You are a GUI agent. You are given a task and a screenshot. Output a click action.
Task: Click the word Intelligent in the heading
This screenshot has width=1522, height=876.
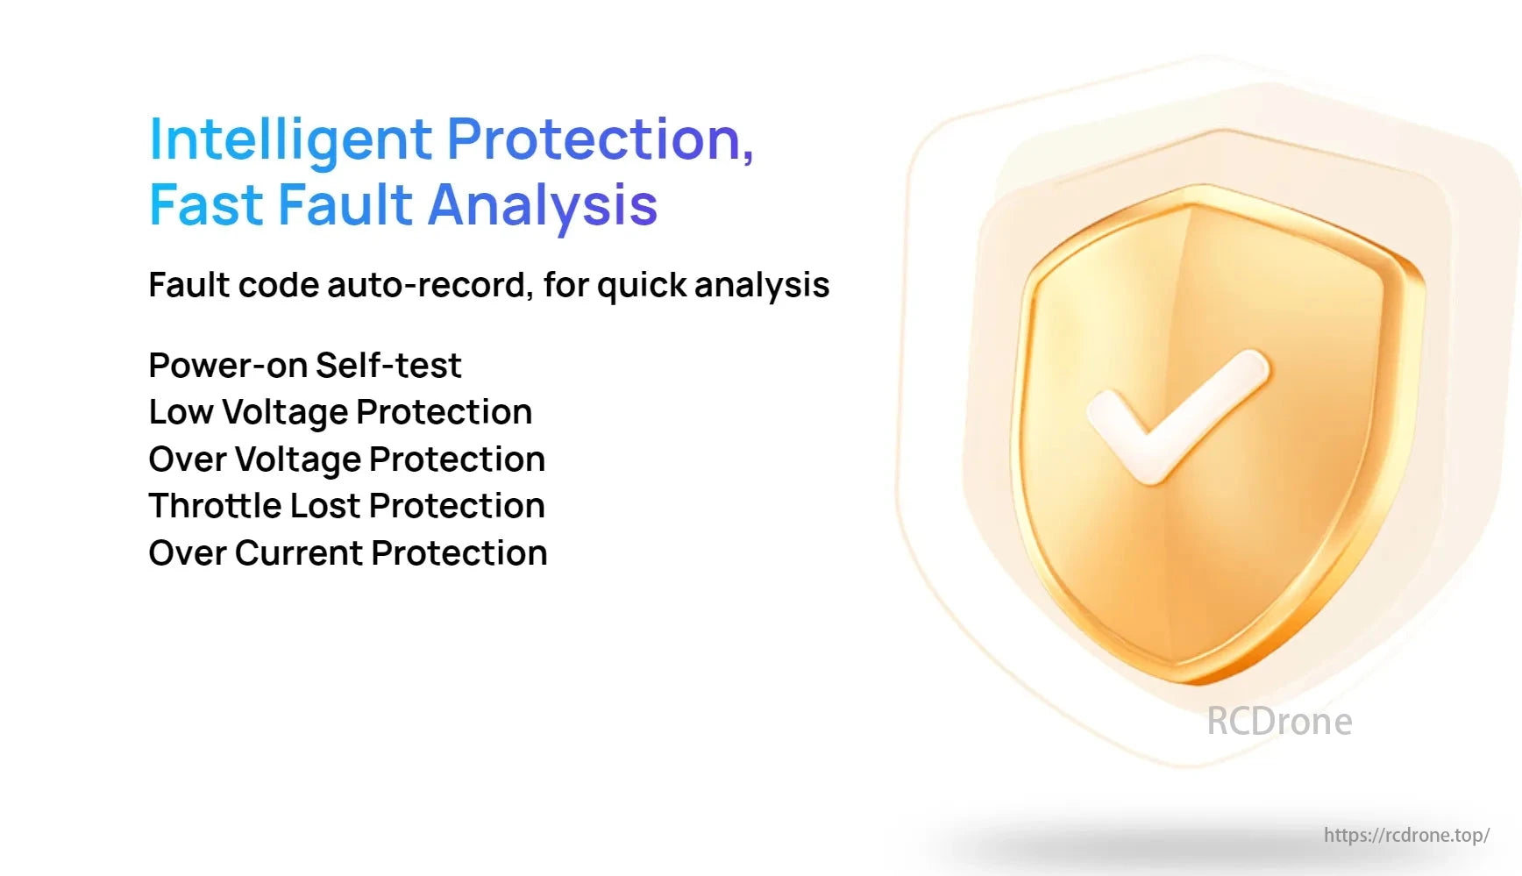coord(291,140)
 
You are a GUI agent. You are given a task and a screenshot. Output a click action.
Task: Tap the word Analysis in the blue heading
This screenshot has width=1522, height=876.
coord(543,206)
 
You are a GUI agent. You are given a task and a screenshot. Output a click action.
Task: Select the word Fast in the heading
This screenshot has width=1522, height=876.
coord(207,205)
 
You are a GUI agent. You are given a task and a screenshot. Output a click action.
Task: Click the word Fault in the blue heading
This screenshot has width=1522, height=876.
coord(345,205)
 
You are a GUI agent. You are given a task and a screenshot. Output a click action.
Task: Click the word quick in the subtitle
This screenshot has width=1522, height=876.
coord(640,286)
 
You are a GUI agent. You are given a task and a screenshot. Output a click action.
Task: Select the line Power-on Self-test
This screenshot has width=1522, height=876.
coord(305,366)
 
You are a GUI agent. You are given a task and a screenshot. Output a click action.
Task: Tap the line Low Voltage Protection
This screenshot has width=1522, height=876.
coord(340,412)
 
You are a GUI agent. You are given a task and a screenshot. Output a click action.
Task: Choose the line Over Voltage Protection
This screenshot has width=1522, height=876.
coord(347,459)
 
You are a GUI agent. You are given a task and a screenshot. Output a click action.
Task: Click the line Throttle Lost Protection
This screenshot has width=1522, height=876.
coord(347,506)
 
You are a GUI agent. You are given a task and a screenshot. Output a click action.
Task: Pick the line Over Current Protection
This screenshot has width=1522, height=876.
coord(348,553)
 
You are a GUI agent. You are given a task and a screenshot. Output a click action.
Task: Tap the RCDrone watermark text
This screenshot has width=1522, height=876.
coord(1279,722)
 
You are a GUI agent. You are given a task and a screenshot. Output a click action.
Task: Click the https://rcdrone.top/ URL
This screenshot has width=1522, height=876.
coord(1406,835)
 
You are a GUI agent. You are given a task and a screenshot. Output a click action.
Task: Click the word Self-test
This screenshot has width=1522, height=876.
coord(388,366)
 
